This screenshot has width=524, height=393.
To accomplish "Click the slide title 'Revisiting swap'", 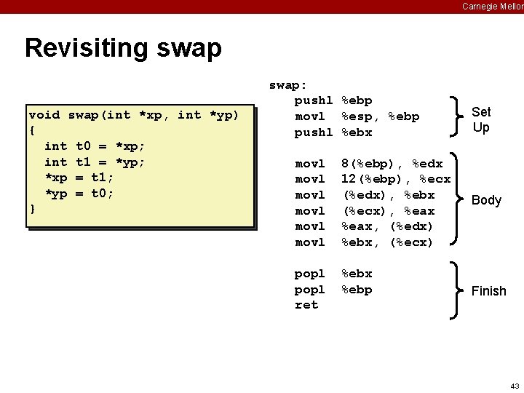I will coord(123,48).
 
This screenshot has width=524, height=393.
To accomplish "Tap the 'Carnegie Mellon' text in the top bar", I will coord(492,7).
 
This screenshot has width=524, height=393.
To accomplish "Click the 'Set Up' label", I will coord(481,119).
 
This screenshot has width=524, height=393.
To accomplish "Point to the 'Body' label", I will coord(486,200).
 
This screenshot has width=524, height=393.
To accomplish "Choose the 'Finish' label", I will coord(488,291).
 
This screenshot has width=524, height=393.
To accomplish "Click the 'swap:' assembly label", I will coord(288,84).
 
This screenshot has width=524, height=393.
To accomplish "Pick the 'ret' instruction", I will coord(306,305).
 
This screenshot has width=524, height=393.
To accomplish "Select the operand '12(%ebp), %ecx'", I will coord(396,179).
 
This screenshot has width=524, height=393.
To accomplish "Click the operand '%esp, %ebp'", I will coord(380,116).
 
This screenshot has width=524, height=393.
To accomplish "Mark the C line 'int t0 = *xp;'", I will coord(95,146).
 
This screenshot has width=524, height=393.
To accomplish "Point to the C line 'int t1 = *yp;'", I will coord(95,162).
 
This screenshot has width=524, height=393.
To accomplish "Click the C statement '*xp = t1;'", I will coord(79,178).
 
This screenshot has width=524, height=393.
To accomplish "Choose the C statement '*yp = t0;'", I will coord(79,194).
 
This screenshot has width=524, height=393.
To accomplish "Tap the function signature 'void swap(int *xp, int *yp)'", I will coord(134,115).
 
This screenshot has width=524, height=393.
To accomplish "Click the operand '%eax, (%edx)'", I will coord(387,226).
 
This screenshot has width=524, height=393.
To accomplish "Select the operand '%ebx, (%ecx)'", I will coord(387,242).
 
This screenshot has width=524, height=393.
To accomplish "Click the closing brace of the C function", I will coord(32,210).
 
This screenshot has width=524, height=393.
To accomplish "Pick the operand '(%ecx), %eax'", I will coord(388,211).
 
